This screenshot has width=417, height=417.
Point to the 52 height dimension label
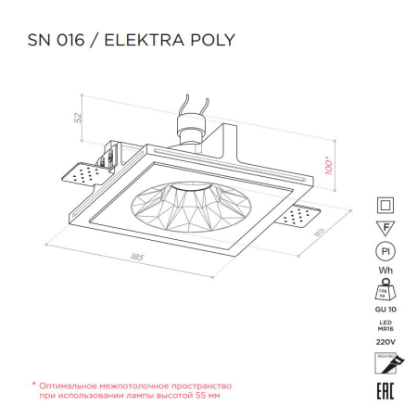80,118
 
